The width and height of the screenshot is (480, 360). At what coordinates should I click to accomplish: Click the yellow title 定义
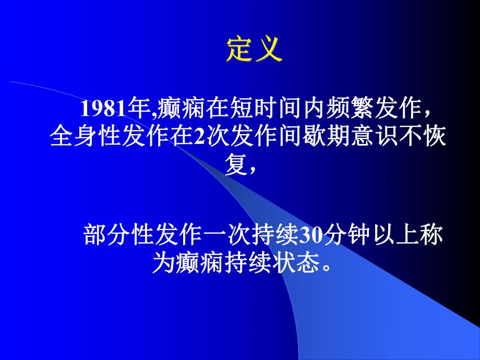pyautogui.click(x=254, y=51)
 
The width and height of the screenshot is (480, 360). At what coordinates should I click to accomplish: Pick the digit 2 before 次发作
pyautogui.click(x=199, y=138)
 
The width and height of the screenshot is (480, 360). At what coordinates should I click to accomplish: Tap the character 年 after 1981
pyautogui.click(x=131, y=109)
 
